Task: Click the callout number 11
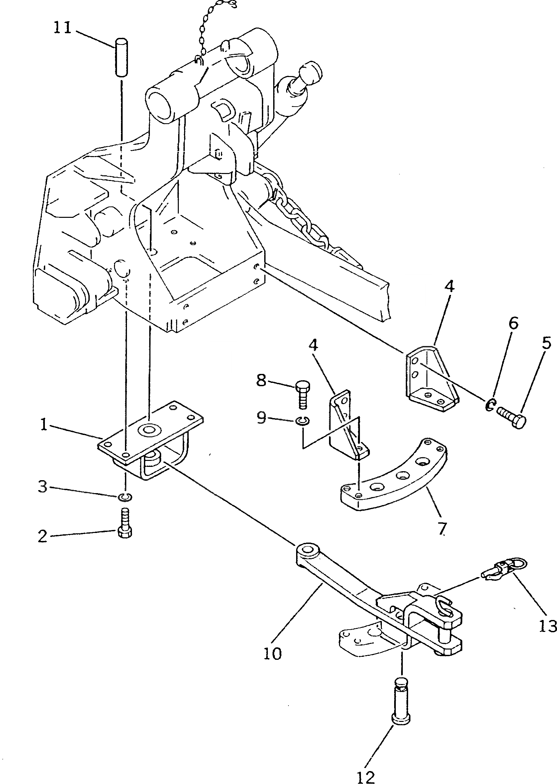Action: pyautogui.click(x=62, y=28)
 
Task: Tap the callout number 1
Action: pyautogui.click(x=44, y=426)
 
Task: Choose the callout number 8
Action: pyautogui.click(x=261, y=380)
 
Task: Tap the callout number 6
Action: pyautogui.click(x=513, y=323)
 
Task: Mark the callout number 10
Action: pyautogui.click(x=273, y=653)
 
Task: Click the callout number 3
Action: pyautogui.click(x=43, y=486)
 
